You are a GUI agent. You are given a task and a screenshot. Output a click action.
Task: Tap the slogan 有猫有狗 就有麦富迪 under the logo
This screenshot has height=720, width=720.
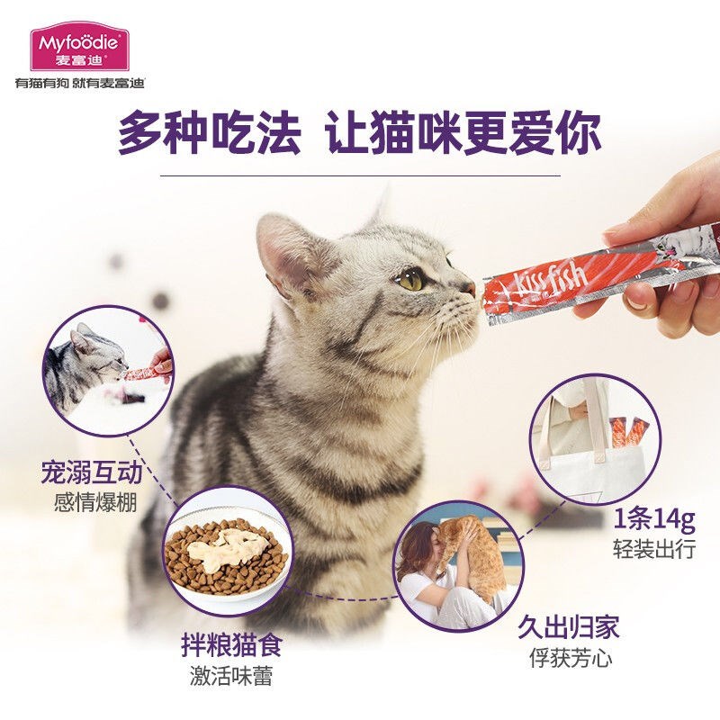(79, 83)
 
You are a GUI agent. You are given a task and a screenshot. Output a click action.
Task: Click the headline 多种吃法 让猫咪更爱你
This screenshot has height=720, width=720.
(359, 133)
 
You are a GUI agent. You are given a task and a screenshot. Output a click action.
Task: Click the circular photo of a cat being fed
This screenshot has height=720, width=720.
(106, 370)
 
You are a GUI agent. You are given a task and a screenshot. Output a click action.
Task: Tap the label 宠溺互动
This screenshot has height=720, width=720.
(92, 471)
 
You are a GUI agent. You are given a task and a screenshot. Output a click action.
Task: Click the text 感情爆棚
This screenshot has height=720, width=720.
(94, 502)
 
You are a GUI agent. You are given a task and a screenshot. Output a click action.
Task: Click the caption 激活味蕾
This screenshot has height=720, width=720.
(230, 677)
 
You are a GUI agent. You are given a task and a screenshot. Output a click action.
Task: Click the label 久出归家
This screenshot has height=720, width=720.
(568, 627)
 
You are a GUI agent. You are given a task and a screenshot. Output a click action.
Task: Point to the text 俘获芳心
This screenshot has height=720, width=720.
(570, 659)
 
